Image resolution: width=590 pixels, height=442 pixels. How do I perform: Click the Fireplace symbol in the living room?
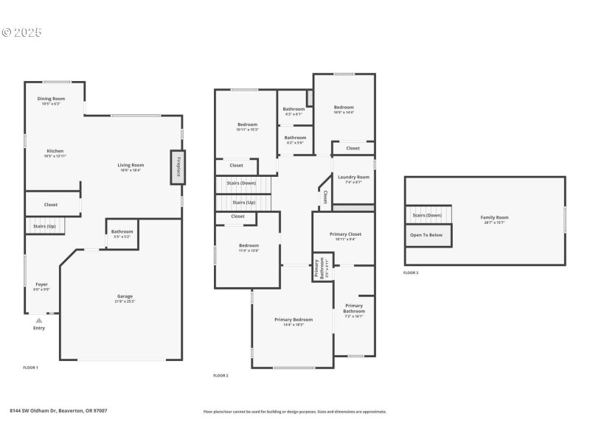[177, 167]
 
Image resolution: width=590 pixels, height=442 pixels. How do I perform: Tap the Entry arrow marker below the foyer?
[38, 320]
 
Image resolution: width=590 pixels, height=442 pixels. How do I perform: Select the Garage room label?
[125, 296]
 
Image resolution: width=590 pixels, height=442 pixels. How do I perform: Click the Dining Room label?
[51, 99]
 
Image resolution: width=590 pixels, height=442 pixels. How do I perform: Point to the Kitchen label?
[55, 151]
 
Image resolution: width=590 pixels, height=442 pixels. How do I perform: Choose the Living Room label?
[131, 165]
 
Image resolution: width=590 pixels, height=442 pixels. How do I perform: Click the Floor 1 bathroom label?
[122, 232]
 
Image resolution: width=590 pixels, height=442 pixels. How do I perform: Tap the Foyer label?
[42, 284]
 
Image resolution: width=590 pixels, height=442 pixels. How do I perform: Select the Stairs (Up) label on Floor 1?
[42, 226]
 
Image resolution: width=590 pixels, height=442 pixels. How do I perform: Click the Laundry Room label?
[353, 178]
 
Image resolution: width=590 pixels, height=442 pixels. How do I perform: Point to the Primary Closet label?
[344, 235]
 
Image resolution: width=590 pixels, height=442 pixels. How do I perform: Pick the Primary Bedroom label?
[294, 320]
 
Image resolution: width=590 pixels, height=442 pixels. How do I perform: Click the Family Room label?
[494, 217]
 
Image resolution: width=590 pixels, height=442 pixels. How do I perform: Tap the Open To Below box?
[426, 235]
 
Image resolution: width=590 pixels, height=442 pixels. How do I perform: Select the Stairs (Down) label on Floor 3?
[426, 215]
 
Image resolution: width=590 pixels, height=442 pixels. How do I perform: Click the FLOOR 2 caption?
[221, 376]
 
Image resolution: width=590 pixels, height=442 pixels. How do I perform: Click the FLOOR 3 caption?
[411, 273]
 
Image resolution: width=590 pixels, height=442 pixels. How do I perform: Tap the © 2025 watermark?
[21, 32]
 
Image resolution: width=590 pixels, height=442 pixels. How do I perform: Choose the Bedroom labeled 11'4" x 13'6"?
[248, 246]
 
